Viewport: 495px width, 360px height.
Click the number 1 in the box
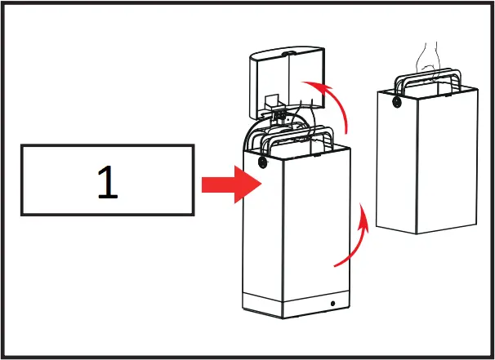(107, 182)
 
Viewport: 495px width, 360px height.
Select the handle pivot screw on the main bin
(263, 162)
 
